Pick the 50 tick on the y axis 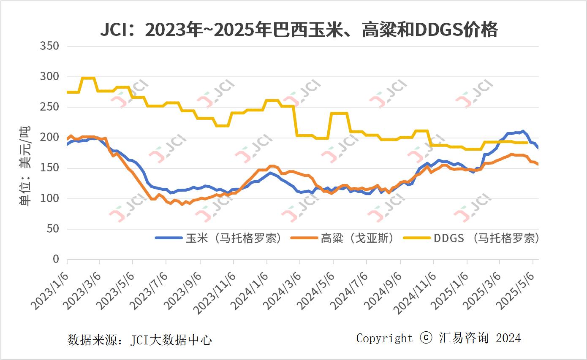click(52, 229)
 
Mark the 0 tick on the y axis click(56, 259)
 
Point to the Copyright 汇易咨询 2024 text click(438, 338)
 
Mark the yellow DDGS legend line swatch click(417, 238)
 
